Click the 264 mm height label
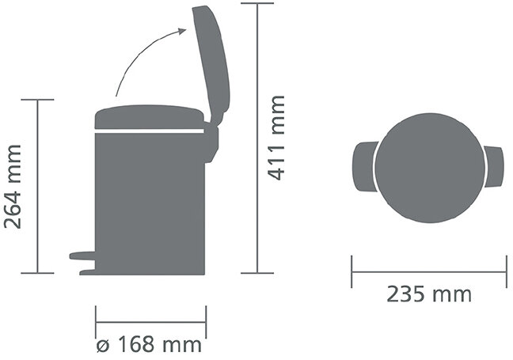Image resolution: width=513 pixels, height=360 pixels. pos(13,187)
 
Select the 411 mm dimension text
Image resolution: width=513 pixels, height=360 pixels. pos(275,138)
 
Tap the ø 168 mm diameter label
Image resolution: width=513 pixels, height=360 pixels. pos(149,345)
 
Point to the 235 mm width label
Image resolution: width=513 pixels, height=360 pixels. pos(429,294)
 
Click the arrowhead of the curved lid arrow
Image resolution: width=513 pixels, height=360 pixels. pos(183,31)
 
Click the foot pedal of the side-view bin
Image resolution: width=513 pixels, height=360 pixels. pos(82,263)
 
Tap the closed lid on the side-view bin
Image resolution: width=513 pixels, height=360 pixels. pos(149,117)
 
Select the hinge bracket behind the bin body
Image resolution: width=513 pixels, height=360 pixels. pos(211,143)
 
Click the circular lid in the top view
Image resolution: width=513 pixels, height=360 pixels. pos(429,168)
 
